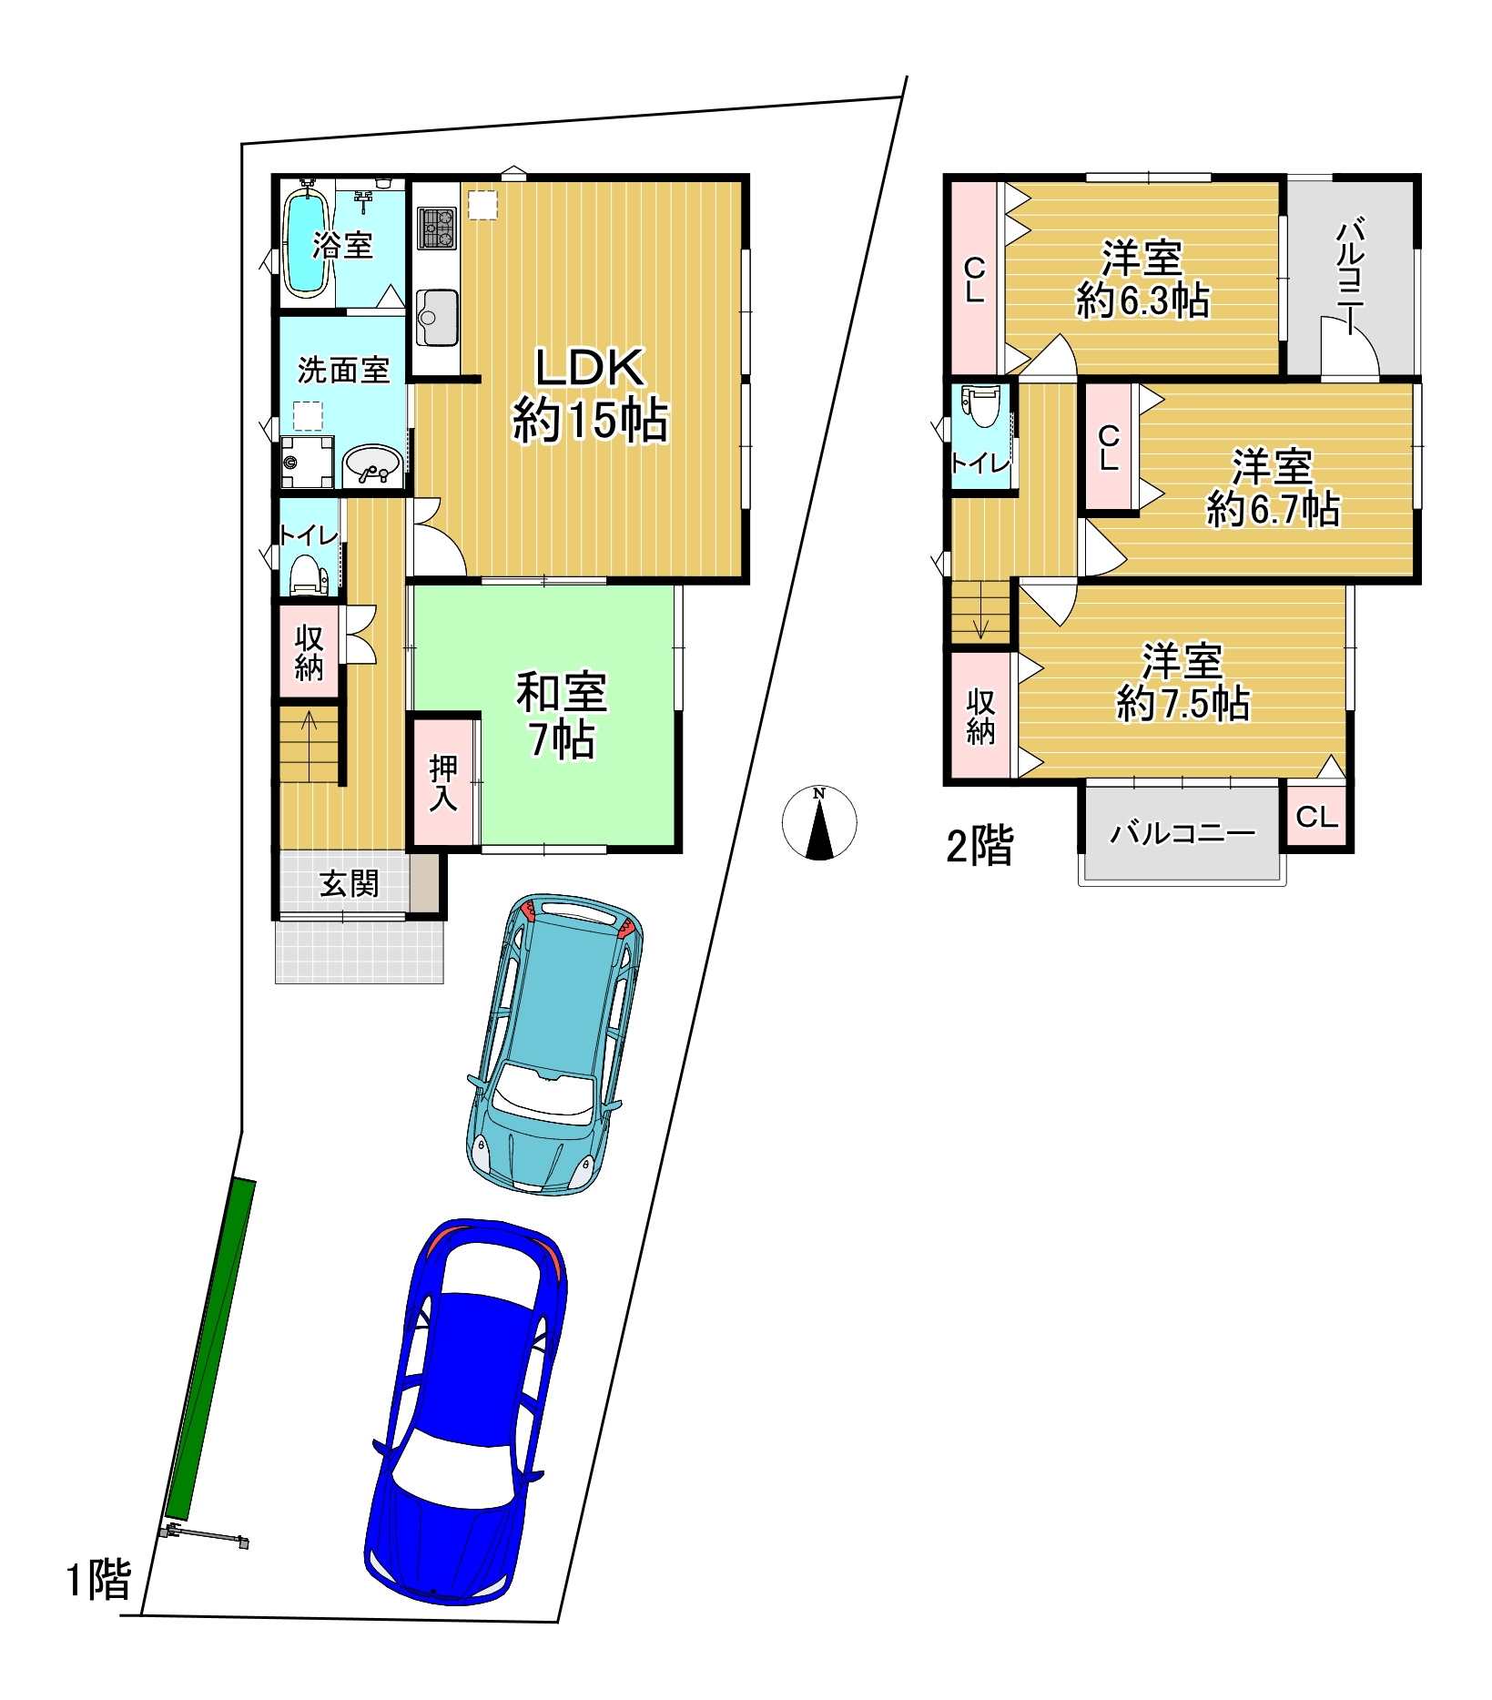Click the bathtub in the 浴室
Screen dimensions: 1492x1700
tap(307, 240)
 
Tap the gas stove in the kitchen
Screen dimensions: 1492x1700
tap(437, 228)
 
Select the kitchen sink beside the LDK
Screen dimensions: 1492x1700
tap(437, 317)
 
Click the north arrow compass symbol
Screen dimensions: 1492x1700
tap(819, 823)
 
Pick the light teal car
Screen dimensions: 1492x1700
tap(555, 1043)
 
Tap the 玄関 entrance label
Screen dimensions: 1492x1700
tap(350, 883)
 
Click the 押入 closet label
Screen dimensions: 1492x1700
tap(443, 782)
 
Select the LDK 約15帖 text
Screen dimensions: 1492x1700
tap(590, 395)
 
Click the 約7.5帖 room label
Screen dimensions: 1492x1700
tap(1183, 704)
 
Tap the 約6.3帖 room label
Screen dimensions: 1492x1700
tap(1143, 300)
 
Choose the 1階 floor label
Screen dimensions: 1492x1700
tap(99, 1579)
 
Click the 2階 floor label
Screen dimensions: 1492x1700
tap(980, 846)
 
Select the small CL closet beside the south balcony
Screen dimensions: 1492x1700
tap(1316, 816)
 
